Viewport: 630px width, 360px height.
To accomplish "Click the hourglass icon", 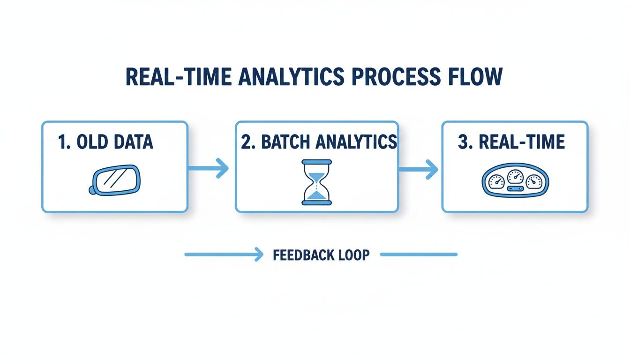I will [x=317, y=182].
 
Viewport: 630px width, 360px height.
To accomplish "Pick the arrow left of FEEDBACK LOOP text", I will [x=223, y=255].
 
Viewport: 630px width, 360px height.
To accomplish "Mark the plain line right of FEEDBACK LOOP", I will [x=418, y=255].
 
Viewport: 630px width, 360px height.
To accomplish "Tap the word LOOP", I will [x=353, y=255].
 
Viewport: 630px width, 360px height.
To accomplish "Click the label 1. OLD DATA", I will [x=105, y=142].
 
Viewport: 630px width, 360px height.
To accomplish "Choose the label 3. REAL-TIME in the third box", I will [x=511, y=142].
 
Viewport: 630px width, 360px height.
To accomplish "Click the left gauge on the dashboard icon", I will [x=496, y=181].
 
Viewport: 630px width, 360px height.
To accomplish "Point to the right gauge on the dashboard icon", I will [x=533, y=181].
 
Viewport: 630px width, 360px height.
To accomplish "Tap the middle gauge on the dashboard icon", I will [x=515, y=177].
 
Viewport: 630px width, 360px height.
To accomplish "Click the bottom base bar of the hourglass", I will [x=317, y=202].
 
